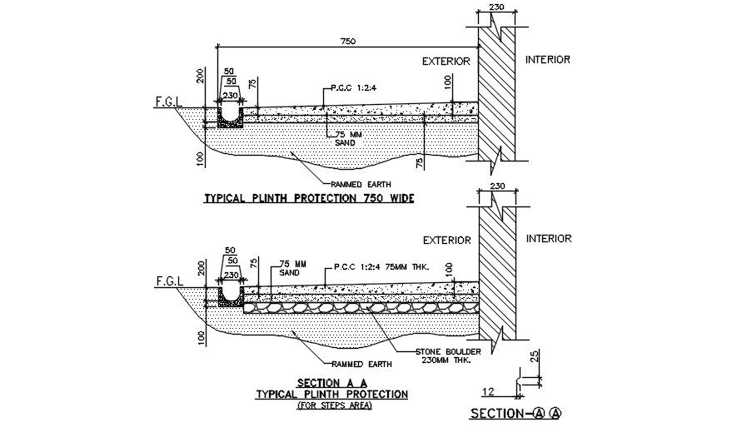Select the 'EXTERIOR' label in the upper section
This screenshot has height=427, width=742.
(446, 61)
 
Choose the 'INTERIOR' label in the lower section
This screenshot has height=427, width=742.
(549, 239)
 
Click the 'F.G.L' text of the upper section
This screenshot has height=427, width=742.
(167, 102)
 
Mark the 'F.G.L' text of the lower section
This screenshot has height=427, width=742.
(167, 281)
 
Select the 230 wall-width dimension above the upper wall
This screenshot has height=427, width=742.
(497, 7)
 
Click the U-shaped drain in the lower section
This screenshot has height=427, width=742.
(230, 294)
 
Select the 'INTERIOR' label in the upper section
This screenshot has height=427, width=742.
(549, 60)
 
